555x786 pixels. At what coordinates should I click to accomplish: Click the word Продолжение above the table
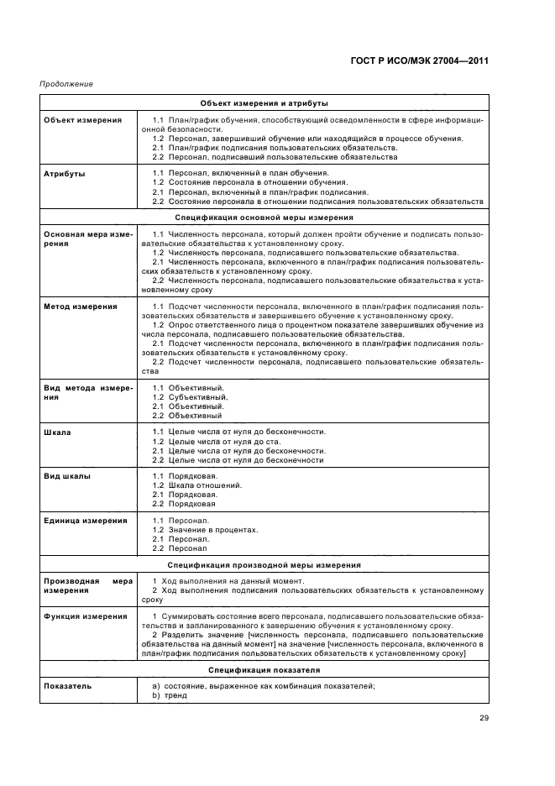(66, 84)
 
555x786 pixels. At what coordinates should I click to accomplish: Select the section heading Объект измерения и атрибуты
(264, 102)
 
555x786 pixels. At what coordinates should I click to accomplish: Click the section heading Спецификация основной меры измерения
(264, 217)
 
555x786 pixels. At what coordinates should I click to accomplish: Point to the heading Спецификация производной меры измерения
(264, 565)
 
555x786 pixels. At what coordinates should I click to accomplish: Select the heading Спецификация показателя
(264, 670)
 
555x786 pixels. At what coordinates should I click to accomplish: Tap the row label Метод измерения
(81, 307)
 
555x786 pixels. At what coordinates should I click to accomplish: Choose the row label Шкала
(57, 432)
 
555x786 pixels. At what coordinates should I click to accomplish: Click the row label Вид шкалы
(67, 476)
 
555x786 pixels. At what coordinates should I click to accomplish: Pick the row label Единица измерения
(85, 521)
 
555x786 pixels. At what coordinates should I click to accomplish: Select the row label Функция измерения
(85, 616)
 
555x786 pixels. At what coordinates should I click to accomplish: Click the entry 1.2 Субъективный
(190, 396)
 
